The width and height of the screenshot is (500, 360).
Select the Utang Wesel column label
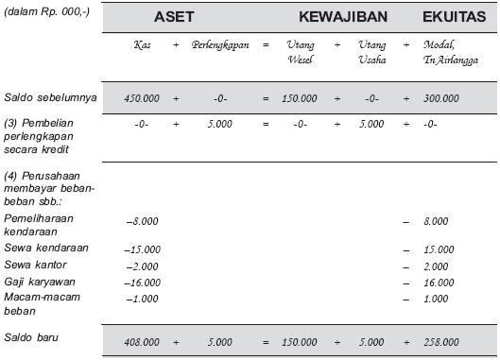[x=300, y=52]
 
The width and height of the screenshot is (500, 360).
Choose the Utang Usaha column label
[x=372, y=52]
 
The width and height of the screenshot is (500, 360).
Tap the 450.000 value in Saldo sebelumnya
[x=142, y=97]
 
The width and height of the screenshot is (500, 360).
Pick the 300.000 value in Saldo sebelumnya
[x=440, y=97]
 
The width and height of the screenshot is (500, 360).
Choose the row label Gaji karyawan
[x=39, y=281]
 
